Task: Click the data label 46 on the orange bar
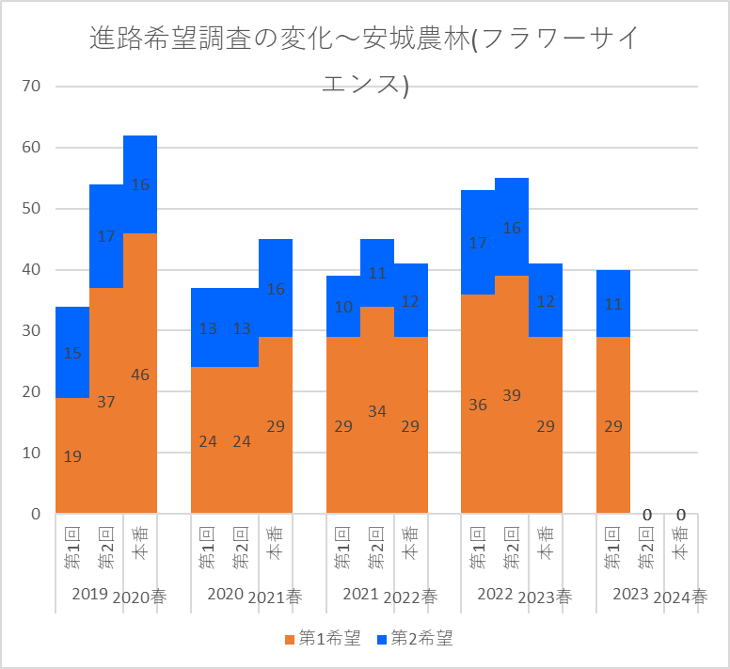(140, 374)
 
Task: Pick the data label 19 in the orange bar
(72, 456)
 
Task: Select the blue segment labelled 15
(72, 353)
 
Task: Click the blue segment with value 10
(343, 307)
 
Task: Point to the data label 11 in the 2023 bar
(613, 304)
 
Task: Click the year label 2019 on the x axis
(89, 595)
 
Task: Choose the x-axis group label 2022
(495, 595)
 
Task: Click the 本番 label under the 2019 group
(140, 544)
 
